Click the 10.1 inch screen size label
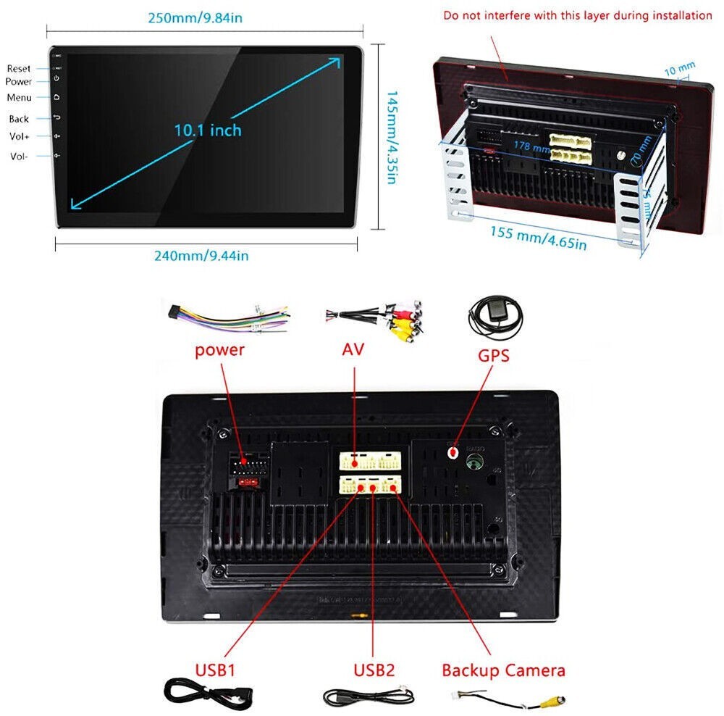(207, 130)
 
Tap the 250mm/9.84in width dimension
(198, 17)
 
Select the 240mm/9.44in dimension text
(201, 255)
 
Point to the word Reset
(19, 68)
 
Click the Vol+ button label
(20, 137)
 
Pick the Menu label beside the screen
(20, 97)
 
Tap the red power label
(219, 350)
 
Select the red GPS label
(493, 355)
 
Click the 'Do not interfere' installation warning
(578, 15)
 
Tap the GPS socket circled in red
(454, 452)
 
